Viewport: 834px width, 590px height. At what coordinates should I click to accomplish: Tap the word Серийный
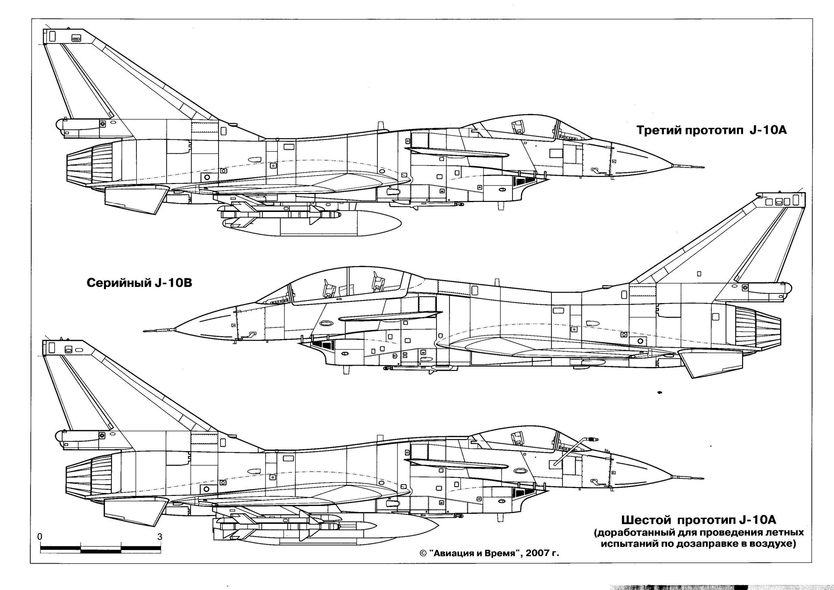click(x=116, y=283)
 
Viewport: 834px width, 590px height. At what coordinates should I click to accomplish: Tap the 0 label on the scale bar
click(x=40, y=537)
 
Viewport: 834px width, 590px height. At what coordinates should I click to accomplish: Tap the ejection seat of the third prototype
click(x=518, y=131)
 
